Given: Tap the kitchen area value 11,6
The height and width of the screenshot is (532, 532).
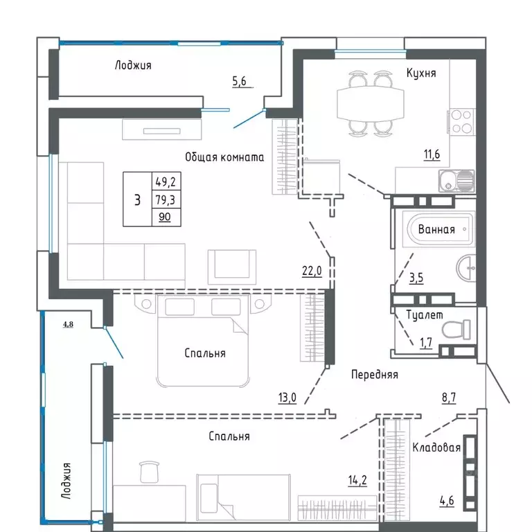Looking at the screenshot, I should [x=433, y=154].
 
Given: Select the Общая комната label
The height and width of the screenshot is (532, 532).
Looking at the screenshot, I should [x=224, y=157].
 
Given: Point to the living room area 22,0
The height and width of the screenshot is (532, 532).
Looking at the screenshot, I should [x=312, y=272].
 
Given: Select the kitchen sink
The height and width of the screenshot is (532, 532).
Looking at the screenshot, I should [x=456, y=181].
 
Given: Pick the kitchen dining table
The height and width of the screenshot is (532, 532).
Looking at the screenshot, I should [x=369, y=104].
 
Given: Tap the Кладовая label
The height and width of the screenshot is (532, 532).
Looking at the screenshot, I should [x=436, y=447].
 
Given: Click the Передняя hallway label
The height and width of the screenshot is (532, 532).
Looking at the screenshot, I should [x=374, y=374].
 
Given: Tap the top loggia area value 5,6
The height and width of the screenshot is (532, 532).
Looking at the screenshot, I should [x=239, y=81].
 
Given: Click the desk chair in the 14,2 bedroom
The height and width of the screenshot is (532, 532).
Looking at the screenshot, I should [x=148, y=471].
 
